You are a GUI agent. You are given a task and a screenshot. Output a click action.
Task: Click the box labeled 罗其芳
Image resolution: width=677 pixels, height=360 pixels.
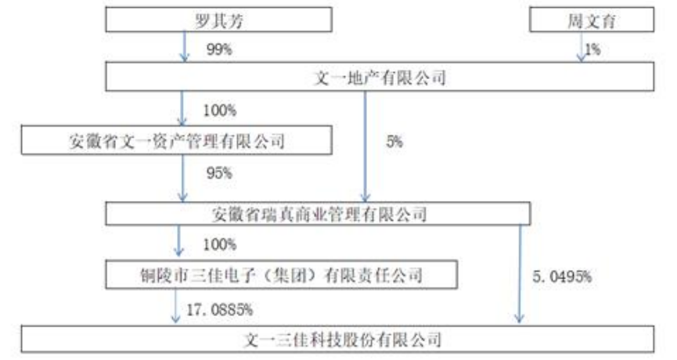218,20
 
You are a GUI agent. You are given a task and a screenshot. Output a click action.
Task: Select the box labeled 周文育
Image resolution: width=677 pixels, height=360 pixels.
592,20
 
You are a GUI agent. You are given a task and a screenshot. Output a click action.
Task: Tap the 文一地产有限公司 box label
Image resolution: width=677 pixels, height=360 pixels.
380,77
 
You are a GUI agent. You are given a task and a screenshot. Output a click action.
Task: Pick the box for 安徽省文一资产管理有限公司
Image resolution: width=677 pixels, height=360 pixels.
177,140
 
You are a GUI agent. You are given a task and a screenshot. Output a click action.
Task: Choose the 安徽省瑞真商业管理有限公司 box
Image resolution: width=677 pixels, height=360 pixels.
319,213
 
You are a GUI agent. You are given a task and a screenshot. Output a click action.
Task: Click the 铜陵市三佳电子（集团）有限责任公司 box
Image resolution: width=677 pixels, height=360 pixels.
282,275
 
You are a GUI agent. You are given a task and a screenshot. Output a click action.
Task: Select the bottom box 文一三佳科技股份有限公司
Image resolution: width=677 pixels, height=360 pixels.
337,340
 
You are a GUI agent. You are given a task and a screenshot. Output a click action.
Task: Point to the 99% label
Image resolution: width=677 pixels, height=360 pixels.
219,49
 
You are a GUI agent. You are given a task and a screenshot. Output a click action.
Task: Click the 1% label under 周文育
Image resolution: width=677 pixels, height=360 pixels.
592,49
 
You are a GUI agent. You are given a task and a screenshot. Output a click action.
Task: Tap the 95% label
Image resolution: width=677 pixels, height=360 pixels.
219,173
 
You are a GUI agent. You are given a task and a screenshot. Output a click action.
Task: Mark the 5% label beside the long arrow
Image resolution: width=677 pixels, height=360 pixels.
394,141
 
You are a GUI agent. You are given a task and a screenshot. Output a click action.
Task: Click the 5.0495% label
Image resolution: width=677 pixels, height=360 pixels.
562,276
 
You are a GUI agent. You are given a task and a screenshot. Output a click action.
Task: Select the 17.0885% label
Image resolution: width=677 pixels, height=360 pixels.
219,309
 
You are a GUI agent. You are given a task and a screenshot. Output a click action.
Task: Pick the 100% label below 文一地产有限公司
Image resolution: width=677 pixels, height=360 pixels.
220,110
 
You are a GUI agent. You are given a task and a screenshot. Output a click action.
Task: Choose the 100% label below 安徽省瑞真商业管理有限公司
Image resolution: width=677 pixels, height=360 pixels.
220,245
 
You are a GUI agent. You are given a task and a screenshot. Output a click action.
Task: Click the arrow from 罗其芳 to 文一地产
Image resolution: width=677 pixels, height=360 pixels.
185,47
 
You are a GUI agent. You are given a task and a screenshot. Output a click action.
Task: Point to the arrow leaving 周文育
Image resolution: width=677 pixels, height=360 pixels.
582,47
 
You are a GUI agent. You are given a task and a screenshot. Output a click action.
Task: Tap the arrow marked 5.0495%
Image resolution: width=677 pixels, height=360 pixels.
520,274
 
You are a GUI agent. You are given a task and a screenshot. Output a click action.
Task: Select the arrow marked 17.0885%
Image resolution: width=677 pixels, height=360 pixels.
175,306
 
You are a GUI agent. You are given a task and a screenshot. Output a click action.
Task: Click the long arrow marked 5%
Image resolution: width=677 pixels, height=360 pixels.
365,146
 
